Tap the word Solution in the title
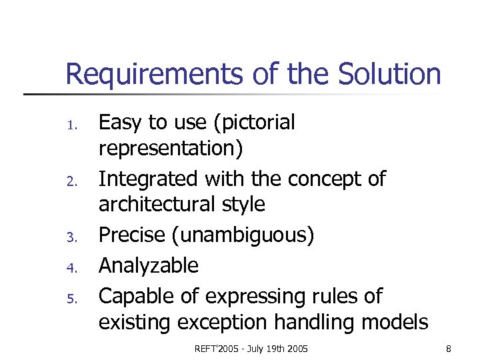[389, 74]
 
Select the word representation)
[171, 148]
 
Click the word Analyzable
[148, 266]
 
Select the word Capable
[133, 296]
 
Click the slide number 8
[448, 349]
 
